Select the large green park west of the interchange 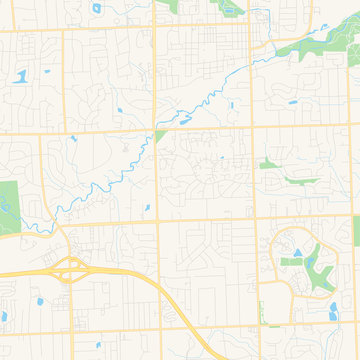point(9,206)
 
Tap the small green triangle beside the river point(159,137)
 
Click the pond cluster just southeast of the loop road point(333,311)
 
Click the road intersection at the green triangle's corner point(156,130)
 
